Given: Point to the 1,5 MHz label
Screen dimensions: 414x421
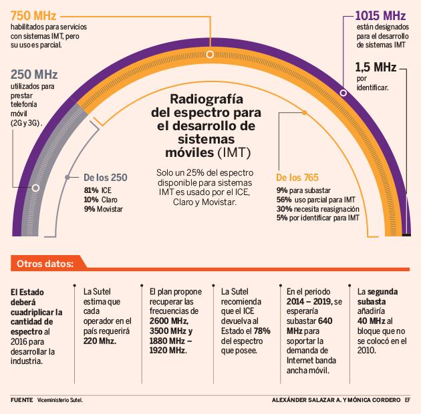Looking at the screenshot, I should tap(376, 67).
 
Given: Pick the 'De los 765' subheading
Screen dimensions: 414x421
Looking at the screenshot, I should tap(297, 178).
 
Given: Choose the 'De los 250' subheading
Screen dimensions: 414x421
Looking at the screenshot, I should tap(105, 178).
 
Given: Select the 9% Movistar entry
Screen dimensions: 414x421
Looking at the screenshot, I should tap(103, 209).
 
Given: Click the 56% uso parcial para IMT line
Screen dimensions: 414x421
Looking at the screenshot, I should tap(316, 199).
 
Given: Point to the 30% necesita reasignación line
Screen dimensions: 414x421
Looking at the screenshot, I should tap(318, 208).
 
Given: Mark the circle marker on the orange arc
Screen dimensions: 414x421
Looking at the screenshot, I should tap(210, 54).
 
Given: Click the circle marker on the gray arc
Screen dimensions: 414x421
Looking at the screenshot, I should tap(36, 188).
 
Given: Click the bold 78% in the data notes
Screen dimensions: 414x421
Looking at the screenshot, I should tap(262, 331).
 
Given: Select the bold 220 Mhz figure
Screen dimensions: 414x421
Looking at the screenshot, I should tap(99, 340).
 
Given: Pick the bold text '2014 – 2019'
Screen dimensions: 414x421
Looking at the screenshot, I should tap(314, 302).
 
